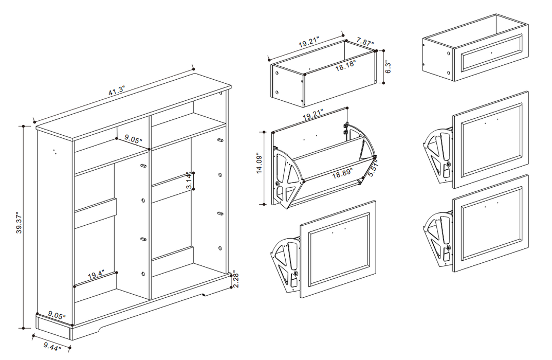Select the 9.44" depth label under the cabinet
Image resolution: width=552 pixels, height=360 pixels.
51,348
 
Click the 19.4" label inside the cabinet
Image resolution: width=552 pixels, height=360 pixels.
96,276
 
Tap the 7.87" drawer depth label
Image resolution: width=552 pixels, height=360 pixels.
365,44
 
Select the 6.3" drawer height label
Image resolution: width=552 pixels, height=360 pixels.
389,67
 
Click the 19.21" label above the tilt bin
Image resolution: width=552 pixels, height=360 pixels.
314,116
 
